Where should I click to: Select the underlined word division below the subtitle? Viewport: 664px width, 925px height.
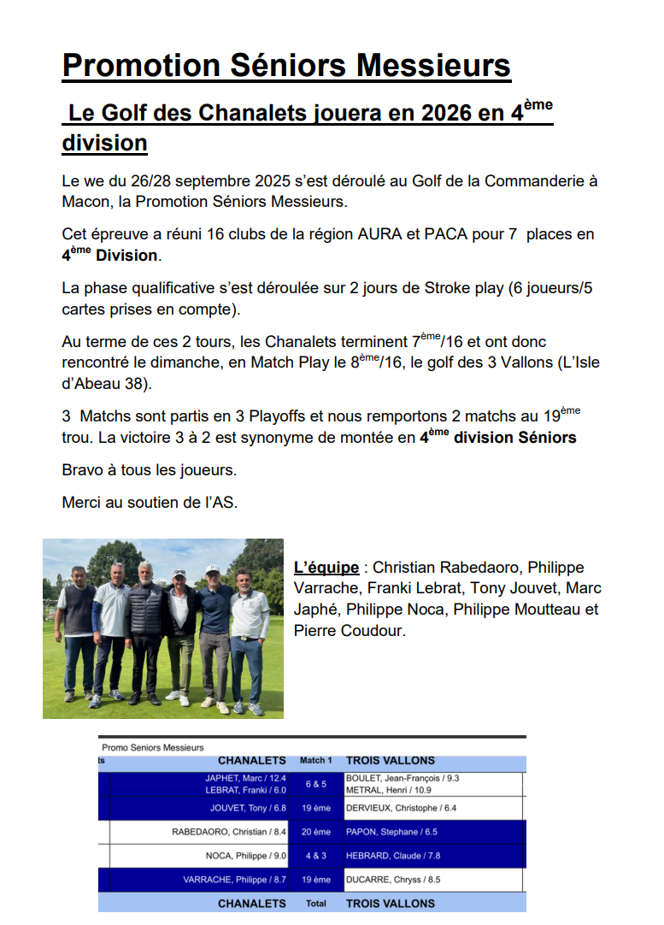(x=104, y=143)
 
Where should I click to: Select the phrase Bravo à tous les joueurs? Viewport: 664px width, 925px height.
(x=149, y=470)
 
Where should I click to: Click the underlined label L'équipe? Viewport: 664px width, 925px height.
(x=326, y=568)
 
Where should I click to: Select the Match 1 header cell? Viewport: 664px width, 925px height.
(x=315, y=760)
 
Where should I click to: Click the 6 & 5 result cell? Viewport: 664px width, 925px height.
(x=315, y=784)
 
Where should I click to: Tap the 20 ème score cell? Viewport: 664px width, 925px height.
(x=315, y=832)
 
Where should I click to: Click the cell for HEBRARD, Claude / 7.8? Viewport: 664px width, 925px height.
(x=393, y=856)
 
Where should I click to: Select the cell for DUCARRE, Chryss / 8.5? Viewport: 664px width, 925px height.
(x=393, y=880)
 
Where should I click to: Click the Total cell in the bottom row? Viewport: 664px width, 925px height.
(x=315, y=903)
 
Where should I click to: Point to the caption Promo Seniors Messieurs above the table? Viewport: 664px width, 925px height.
(x=153, y=747)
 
